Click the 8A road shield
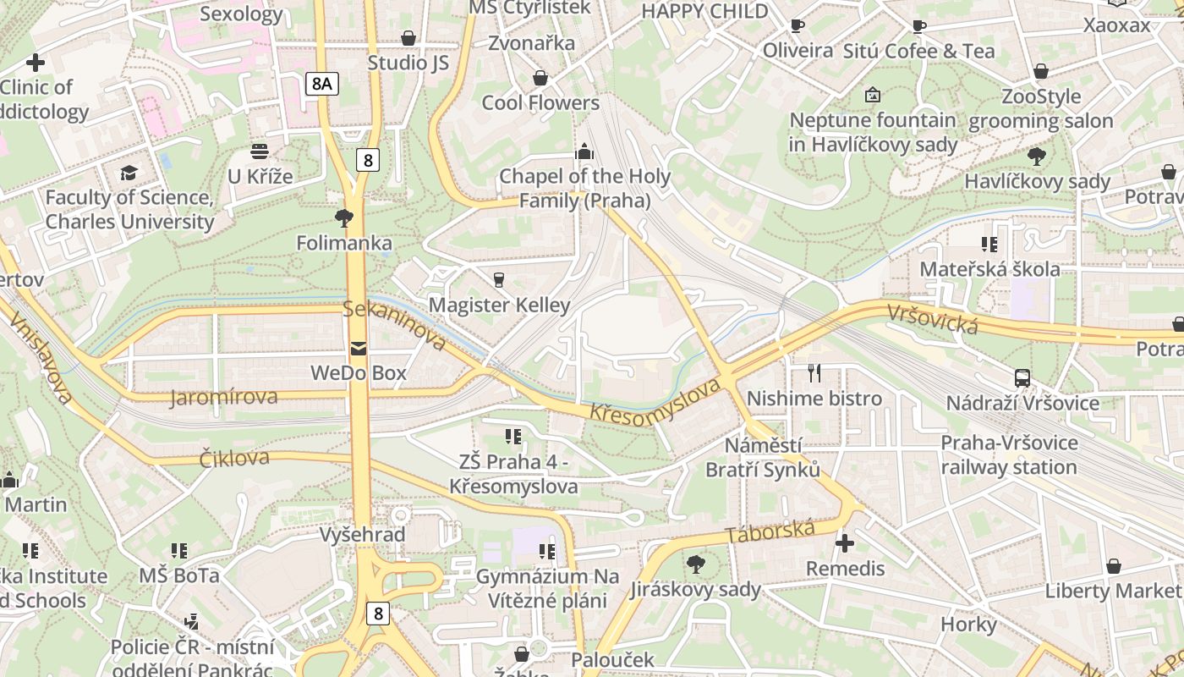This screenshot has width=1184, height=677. pyautogui.click(x=321, y=83)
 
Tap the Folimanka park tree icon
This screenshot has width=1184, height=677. pyautogui.click(x=343, y=218)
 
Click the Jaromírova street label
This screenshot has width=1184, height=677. pyautogui.click(x=223, y=397)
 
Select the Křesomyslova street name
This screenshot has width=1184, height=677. pyautogui.click(x=655, y=402)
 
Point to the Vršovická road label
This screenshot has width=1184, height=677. pyautogui.click(x=933, y=318)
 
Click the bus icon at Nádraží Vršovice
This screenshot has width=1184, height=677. pyautogui.click(x=1022, y=378)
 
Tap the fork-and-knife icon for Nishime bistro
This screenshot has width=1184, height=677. pyautogui.click(x=814, y=372)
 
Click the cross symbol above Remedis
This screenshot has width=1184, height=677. pyautogui.click(x=844, y=542)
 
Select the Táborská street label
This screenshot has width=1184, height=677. pyautogui.click(x=770, y=532)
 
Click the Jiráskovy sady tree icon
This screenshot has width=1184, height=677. pyautogui.click(x=696, y=563)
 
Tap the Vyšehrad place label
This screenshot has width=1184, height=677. pyautogui.click(x=362, y=535)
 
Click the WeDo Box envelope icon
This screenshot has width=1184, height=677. pyautogui.click(x=358, y=348)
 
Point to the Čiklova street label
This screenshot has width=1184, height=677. pyautogui.click(x=234, y=459)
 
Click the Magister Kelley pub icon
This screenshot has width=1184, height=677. pyautogui.click(x=499, y=279)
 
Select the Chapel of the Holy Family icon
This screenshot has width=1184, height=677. pyautogui.click(x=584, y=152)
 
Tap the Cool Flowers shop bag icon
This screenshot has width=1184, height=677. pyautogui.click(x=540, y=78)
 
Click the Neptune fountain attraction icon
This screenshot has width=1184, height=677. pyautogui.click(x=872, y=95)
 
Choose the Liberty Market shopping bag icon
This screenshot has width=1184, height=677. pyautogui.click(x=1113, y=565)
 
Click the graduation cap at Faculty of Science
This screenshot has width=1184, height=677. pyautogui.click(x=129, y=173)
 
